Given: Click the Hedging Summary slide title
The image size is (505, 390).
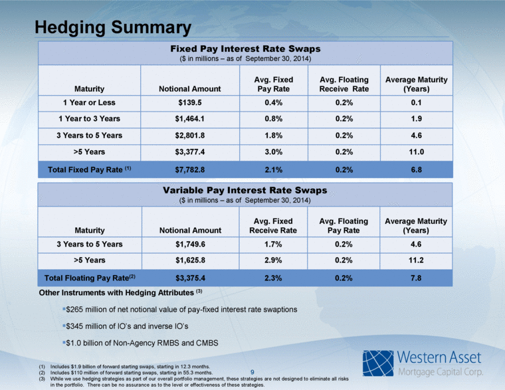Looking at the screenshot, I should pos(113,27).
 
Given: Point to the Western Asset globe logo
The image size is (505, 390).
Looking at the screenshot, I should pos(379,362).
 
